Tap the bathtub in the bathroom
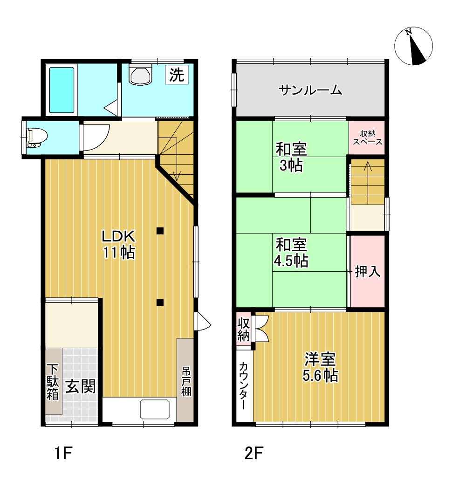tap(62, 90)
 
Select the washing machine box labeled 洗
tap(177, 75)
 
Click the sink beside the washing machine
tap(141, 75)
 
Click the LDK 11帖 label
tap(119, 244)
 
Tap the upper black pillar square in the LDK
tap(160, 230)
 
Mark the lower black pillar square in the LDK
tap(160, 302)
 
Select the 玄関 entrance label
tap(80, 386)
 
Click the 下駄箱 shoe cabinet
tap(53, 381)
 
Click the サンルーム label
tap(311, 90)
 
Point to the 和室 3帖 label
tap(291, 158)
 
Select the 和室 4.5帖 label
tap(291, 252)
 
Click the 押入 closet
tap(368, 271)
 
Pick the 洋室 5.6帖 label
tap(320, 367)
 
